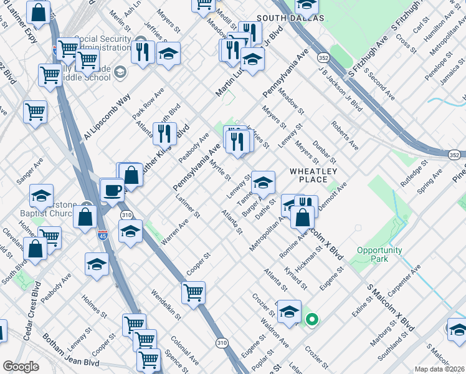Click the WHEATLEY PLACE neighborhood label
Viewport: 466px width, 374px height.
pos(313,175)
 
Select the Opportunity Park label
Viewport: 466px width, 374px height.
pos(379,254)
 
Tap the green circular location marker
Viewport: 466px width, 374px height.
pos(312,320)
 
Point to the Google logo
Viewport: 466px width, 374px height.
pos(21,367)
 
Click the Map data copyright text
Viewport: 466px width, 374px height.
pos(439,369)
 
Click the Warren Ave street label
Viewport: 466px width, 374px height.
pos(175,231)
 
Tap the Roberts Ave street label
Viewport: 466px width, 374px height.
pos(345,135)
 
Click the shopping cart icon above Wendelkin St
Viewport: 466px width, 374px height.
pos(193,291)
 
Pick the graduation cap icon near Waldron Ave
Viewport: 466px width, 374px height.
pos(289,310)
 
